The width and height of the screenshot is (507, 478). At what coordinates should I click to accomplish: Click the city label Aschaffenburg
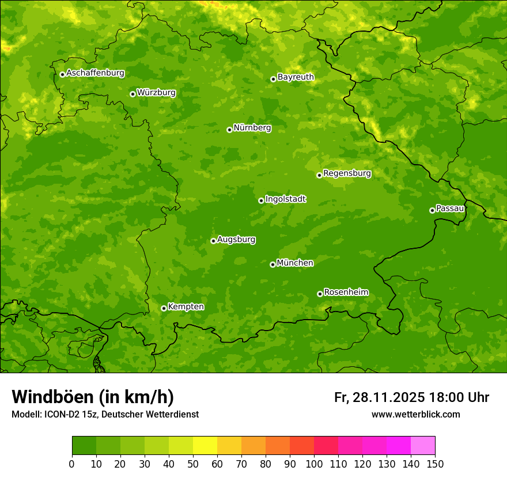[x=95, y=73]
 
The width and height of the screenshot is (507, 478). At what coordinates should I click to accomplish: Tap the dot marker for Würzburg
[x=133, y=94]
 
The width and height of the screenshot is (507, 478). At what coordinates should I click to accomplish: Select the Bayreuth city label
[x=296, y=77]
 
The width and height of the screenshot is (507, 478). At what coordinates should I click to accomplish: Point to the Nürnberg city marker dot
[x=229, y=130]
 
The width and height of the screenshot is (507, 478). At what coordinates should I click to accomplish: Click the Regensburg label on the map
[x=347, y=173]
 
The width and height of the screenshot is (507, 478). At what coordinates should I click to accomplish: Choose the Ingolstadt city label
[x=285, y=199]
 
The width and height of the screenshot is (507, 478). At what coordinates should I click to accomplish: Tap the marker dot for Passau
[x=432, y=210]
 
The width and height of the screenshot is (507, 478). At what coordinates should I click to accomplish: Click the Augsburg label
[x=236, y=240]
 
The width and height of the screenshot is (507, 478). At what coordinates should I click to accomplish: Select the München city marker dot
[x=273, y=264]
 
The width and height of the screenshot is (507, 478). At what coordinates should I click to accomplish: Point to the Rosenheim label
[x=346, y=293]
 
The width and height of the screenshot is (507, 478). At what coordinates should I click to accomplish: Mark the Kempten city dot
[x=164, y=308]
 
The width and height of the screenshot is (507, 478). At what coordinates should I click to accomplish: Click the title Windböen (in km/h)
[x=93, y=397]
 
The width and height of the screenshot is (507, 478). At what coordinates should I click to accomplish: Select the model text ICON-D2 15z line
[x=105, y=415]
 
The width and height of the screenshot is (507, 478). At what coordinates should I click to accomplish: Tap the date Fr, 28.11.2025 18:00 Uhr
[x=411, y=397]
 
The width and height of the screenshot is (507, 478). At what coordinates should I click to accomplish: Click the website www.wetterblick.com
[x=415, y=415]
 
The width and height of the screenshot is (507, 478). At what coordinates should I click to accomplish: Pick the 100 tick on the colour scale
[x=314, y=464]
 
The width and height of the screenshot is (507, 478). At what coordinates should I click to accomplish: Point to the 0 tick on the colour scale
[x=72, y=464]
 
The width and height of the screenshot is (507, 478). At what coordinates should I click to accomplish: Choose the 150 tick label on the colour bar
[x=435, y=464]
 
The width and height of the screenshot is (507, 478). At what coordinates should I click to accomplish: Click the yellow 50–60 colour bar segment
[x=205, y=446]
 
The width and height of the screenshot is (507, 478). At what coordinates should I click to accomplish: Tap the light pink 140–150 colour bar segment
[x=423, y=446]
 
